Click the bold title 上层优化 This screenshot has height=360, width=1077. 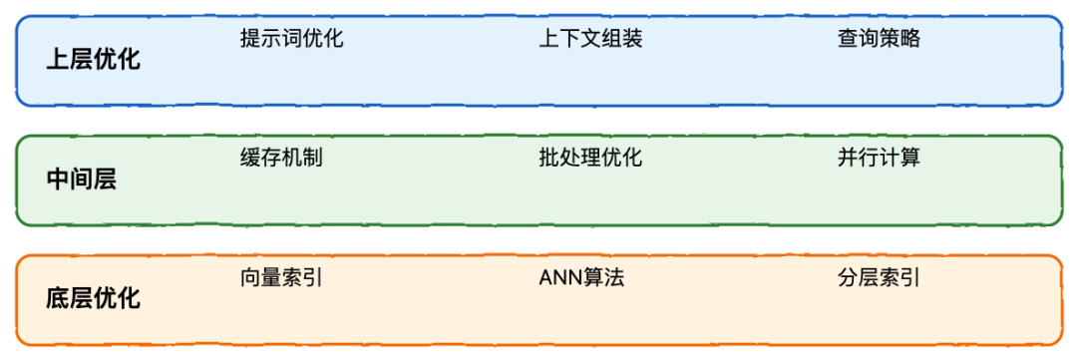[x=94, y=59]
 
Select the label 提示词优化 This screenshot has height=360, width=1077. [x=291, y=39]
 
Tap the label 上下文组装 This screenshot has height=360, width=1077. [x=590, y=39]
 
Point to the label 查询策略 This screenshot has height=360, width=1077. [x=879, y=39]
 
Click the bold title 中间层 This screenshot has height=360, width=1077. [x=82, y=180]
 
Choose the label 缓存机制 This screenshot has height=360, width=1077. [x=281, y=158]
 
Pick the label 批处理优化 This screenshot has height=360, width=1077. [x=590, y=158]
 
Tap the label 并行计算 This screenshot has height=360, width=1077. [x=879, y=158]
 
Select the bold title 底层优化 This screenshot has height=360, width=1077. [x=94, y=298]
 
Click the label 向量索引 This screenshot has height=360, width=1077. [x=281, y=277]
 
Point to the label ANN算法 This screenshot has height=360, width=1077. [x=581, y=277]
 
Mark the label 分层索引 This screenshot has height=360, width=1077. [x=879, y=277]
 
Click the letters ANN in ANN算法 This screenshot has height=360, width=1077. [x=560, y=277]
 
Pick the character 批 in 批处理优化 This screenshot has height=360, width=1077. [x=549, y=158]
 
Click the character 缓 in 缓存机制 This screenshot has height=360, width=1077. [x=250, y=158]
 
